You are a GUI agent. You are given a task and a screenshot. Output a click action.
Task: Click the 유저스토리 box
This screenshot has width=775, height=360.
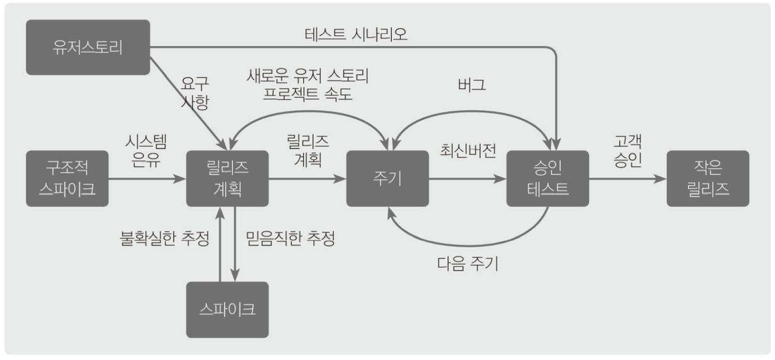(x=88, y=47)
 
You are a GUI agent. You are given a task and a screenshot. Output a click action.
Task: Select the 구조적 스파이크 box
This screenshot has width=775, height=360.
(x=68, y=179)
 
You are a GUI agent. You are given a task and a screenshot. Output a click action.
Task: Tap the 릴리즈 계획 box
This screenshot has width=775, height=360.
(x=227, y=179)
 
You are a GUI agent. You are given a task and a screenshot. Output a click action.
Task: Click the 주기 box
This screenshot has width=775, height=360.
(x=387, y=179)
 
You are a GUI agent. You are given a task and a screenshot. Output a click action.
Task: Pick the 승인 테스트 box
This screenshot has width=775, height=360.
(x=548, y=179)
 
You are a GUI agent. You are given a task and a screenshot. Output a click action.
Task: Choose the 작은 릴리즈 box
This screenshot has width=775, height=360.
(x=707, y=179)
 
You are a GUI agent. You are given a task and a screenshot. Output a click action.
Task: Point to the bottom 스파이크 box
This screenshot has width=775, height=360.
(x=227, y=309)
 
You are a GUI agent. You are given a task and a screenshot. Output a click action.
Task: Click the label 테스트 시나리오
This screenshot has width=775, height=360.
(x=356, y=35)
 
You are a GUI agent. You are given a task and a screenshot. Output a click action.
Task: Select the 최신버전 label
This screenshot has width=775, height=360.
(x=468, y=151)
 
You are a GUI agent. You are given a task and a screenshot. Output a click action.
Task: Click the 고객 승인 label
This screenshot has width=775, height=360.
(x=626, y=152)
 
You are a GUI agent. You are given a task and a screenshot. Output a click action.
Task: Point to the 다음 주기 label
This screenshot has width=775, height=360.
(x=468, y=264)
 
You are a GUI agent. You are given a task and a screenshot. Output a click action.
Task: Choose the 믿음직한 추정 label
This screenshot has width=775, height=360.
(x=290, y=240)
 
